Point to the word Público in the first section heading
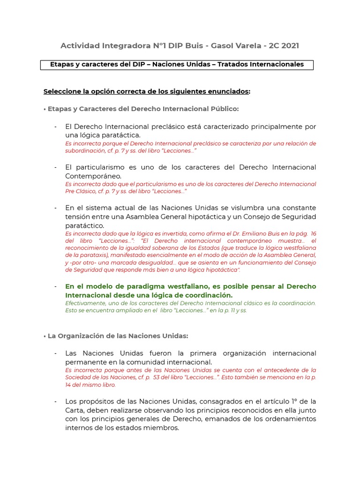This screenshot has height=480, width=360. [x=223, y=109]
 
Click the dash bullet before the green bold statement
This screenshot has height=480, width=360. [x=55, y=286]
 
